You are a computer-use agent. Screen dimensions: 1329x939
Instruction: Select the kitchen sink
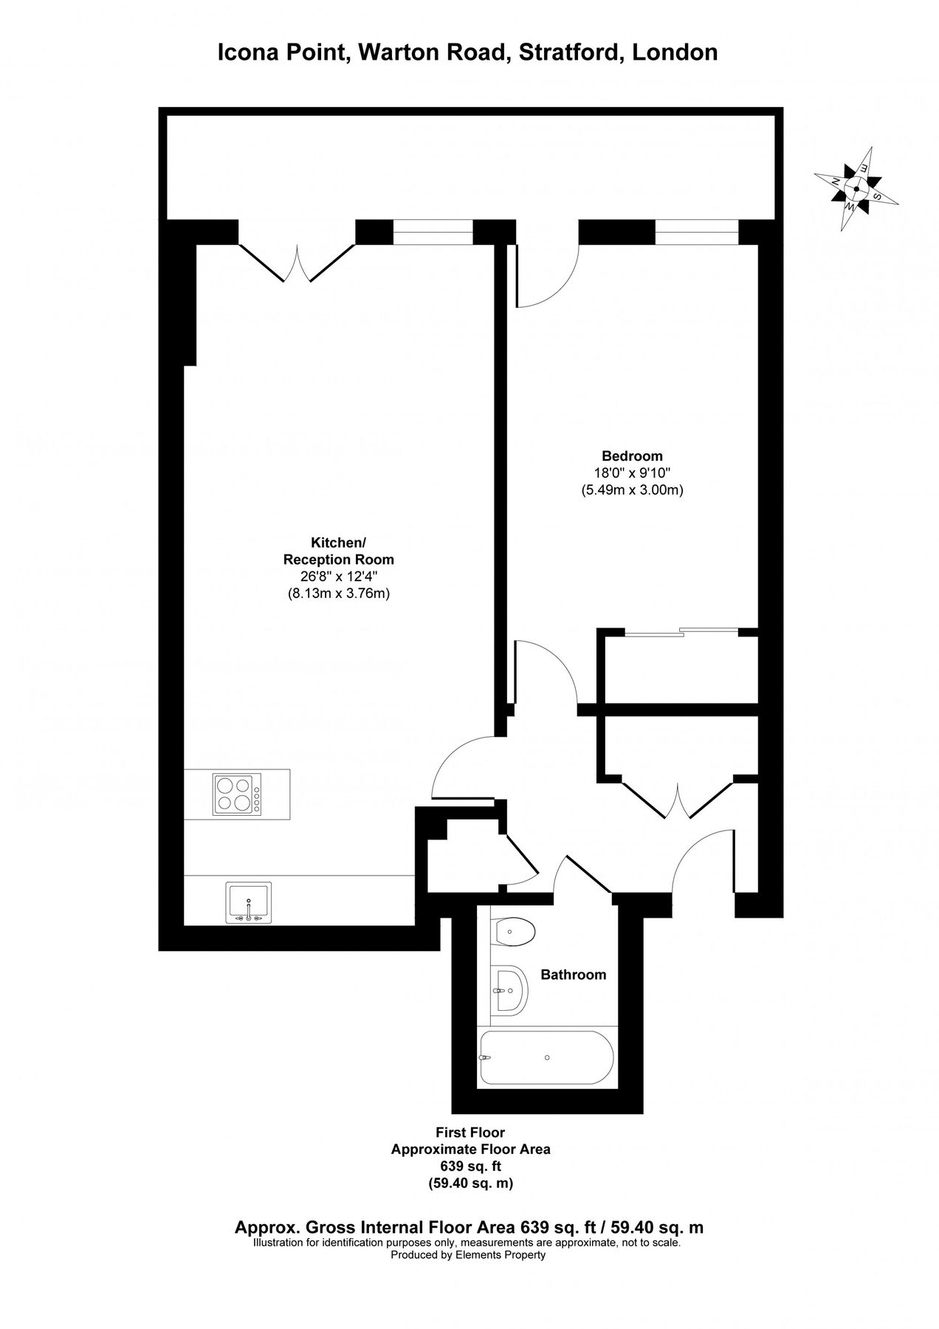point(249,902)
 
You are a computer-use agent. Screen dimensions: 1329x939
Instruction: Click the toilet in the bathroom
point(512,932)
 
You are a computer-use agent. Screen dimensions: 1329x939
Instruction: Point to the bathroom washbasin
point(509,989)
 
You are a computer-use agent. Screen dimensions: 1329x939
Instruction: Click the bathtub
point(546,1058)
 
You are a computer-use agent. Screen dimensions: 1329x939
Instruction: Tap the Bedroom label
point(632,456)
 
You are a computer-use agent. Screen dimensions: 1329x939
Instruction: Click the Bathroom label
point(574,975)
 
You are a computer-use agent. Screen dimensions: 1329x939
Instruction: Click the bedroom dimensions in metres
point(632,490)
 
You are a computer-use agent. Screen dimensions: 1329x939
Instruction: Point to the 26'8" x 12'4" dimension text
point(338,576)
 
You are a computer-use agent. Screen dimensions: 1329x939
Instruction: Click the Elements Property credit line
point(468,1255)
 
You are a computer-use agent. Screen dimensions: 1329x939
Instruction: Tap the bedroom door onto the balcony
point(546,273)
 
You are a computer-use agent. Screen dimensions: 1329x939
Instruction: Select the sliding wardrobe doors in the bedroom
point(681,631)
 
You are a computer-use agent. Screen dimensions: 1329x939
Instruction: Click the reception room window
point(432,232)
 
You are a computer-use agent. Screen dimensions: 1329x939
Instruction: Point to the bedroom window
point(696,232)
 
